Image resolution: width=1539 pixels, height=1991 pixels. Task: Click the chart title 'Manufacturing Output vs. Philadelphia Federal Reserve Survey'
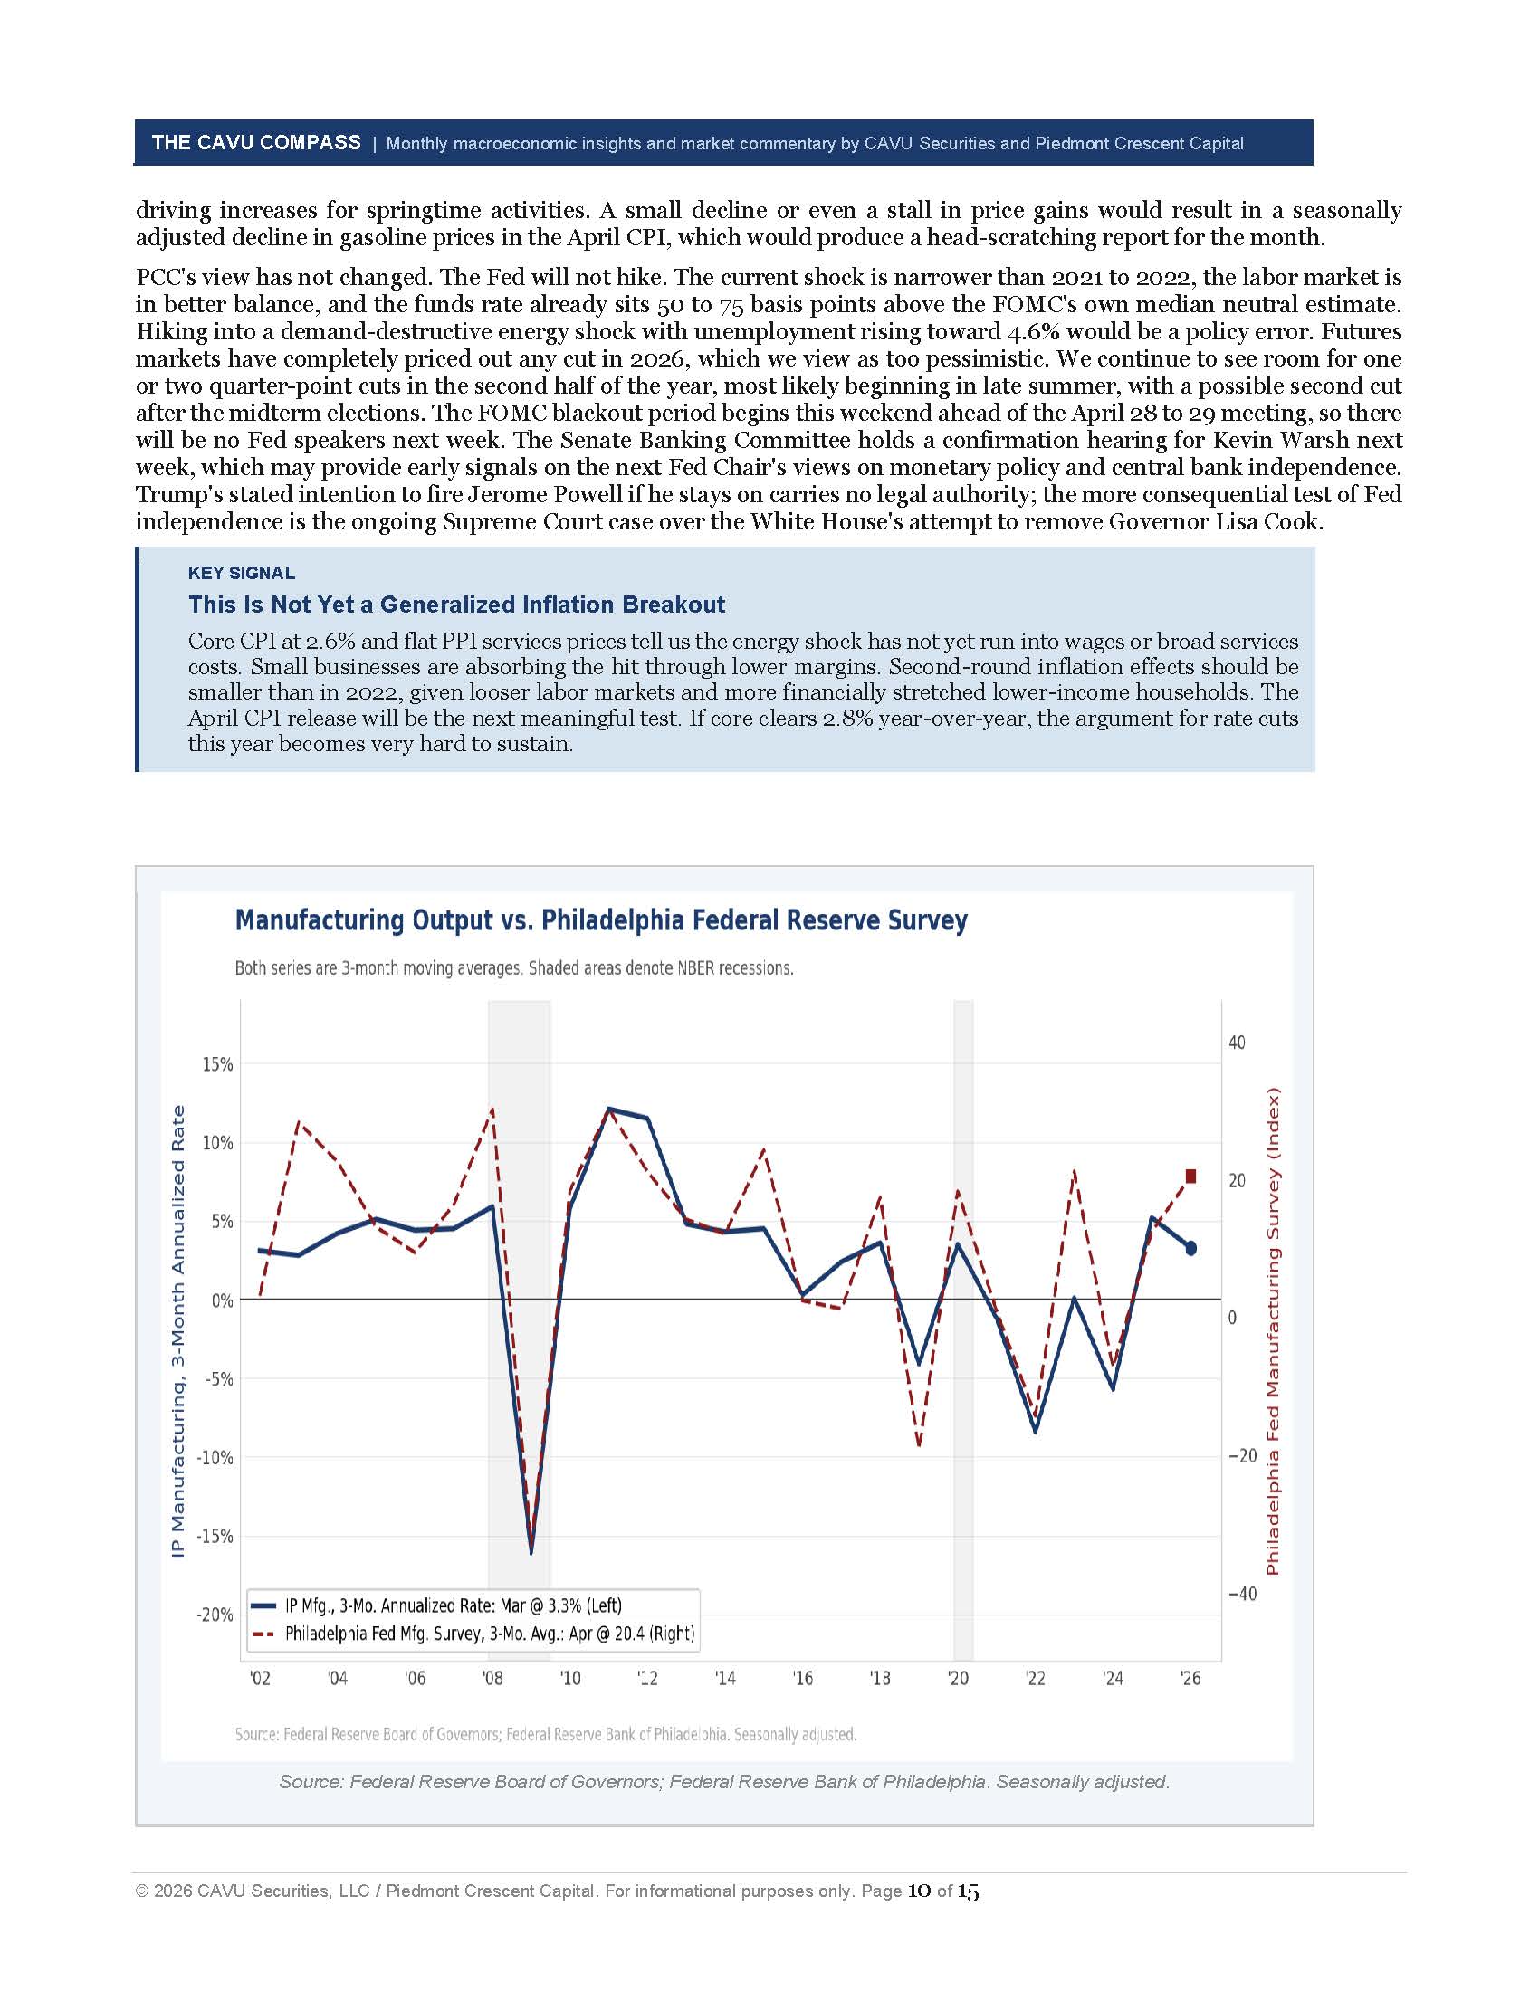tap(601, 919)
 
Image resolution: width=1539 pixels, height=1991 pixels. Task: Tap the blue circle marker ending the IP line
tap(1190, 1248)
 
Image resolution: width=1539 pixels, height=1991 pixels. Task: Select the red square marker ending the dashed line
tap(1190, 1176)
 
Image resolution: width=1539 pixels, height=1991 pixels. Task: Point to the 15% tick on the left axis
tap(217, 1065)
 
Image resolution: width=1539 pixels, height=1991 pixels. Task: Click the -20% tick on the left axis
tap(215, 1615)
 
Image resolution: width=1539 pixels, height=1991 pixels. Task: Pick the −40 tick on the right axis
tap(1242, 1594)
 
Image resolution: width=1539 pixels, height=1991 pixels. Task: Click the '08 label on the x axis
tap(492, 1678)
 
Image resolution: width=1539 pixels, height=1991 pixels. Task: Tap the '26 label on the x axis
tap(1190, 1678)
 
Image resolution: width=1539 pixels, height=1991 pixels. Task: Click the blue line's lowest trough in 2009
tap(531, 1551)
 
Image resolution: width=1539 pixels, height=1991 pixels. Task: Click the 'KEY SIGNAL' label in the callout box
tap(242, 574)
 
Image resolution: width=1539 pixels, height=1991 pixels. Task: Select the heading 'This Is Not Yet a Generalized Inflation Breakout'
tap(457, 605)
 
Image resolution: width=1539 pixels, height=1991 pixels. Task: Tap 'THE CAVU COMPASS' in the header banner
tap(256, 142)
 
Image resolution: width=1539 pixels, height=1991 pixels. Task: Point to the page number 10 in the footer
tap(919, 1891)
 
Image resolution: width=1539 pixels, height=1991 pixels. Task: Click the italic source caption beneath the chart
tap(724, 1781)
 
